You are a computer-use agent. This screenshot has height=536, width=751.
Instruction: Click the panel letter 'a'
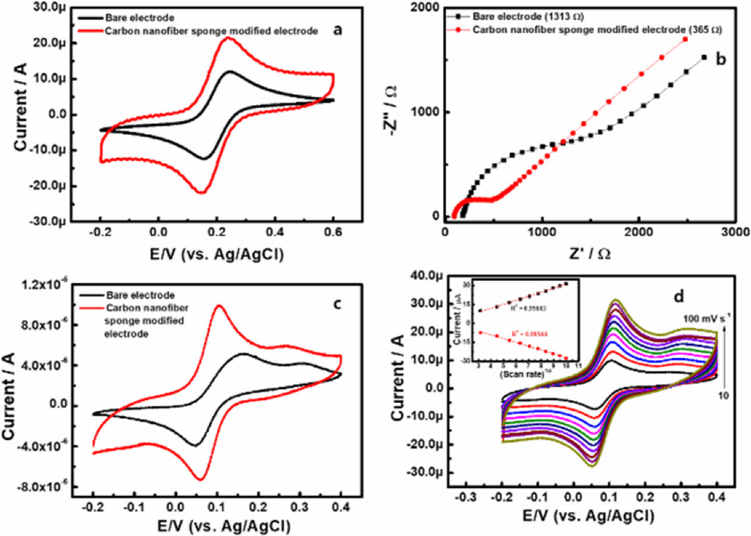338,30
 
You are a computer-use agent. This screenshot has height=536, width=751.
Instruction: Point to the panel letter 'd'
678,295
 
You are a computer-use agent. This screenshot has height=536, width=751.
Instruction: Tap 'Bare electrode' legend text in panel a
131,18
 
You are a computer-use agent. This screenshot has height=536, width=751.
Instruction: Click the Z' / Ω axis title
588,253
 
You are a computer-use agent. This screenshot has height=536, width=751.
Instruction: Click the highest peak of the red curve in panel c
219,306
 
